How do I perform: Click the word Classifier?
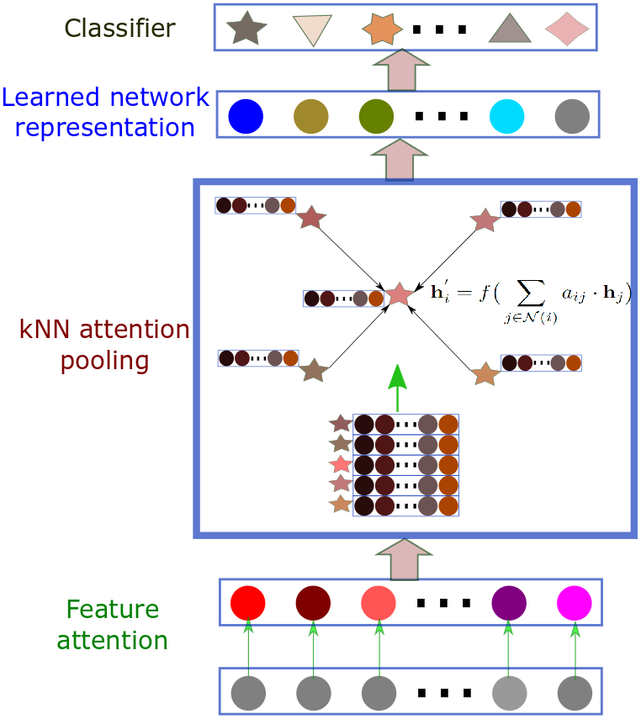pos(119,28)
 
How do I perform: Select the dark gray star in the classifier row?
pos(246,29)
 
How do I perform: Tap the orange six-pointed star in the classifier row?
pos(382,29)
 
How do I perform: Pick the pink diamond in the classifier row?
pos(567,29)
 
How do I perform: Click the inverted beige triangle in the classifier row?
pos(312,29)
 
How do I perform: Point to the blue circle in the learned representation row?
pos(246,117)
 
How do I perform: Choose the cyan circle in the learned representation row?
pos(507,117)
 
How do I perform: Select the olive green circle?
pos(376,117)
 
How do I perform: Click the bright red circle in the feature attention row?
pos(248,603)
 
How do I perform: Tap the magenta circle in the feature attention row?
pos(575,603)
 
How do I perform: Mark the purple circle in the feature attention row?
pos(509,603)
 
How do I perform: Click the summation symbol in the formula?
pos(532,293)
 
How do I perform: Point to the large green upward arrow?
pos(398,388)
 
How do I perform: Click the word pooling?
pos(104,362)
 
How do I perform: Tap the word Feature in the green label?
pos(113,610)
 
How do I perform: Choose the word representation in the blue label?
pos(104,128)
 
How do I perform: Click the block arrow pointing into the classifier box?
pos(401,69)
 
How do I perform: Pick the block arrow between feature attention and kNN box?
pos(405,559)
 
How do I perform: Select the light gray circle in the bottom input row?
pos(510,693)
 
